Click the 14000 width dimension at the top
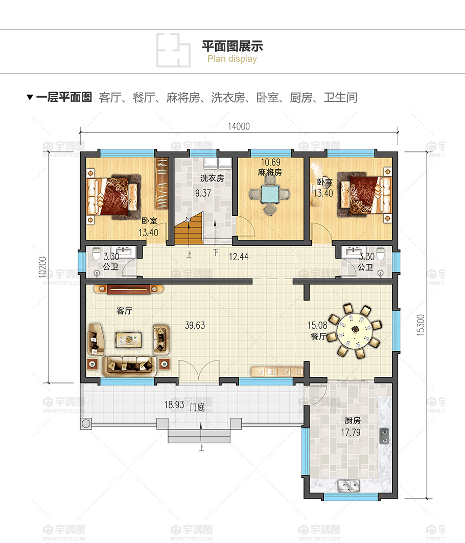pos(239,126)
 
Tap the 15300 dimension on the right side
pos(421,325)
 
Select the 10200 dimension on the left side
pos(42,267)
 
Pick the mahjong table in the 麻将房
pos(270,194)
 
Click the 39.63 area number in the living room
pos(195,326)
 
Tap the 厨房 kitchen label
pos(353,420)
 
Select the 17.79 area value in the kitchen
pos(351,433)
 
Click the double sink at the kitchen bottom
pos(348,486)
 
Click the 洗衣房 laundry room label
pos(212,178)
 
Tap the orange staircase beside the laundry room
pos(188,229)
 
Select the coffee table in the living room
pos(128,340)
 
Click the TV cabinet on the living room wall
pos(129,289)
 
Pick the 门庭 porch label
pos(197,407)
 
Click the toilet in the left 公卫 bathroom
pos(96,253)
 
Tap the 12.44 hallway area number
pos(239,257)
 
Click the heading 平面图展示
pos(232,46)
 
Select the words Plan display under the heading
pos(232,59)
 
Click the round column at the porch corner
pos(86,423)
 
